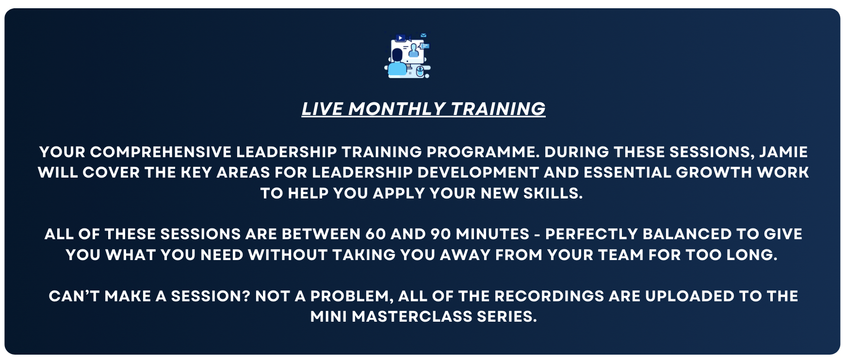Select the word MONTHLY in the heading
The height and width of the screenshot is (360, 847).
397,109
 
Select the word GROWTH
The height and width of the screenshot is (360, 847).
714,172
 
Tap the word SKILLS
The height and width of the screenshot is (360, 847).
553,193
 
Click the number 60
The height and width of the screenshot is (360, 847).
375,234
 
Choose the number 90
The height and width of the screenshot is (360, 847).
441,234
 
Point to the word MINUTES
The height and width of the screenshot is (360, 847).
492,234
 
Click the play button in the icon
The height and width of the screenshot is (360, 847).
400,38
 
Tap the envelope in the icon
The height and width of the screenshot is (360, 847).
423,35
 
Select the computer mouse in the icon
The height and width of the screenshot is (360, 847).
420,72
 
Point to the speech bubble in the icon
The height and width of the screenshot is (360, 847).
425,46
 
